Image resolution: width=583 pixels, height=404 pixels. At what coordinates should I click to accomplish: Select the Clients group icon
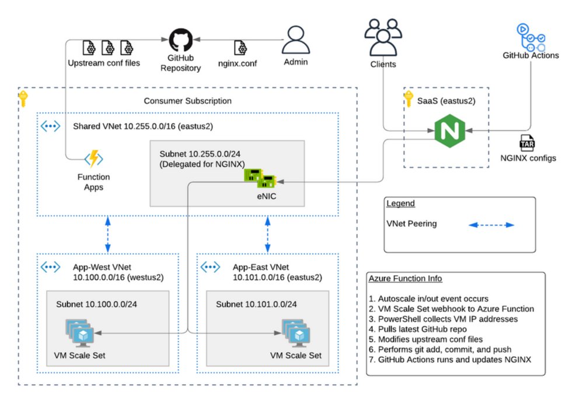[x=383, y=37]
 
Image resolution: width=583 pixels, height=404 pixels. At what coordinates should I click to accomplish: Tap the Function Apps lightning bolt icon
[x=94, y=159]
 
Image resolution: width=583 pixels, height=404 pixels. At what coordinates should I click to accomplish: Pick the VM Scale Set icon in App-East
[x=295, y=332]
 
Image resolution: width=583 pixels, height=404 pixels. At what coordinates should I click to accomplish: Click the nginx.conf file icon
[x=239, y=47]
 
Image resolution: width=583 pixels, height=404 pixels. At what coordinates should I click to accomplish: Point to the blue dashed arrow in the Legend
[x=493, y=224]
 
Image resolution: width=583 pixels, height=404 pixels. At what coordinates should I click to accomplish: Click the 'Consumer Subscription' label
[x=187, y=101]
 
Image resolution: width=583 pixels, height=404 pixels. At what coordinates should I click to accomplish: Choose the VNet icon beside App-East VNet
[x=210, y=267]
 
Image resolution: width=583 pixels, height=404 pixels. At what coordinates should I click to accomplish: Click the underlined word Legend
[x=400, y=203]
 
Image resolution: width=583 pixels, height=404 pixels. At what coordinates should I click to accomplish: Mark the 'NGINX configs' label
[x=528, y=157]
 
